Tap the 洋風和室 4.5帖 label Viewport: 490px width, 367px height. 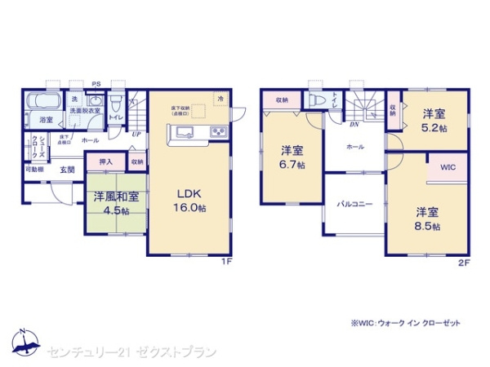(x=114, y=201)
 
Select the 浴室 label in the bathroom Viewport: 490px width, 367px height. (x=46, y=120)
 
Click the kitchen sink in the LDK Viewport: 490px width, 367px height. (x=181, y=133)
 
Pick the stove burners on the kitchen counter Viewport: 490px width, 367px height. (x=219, y=133)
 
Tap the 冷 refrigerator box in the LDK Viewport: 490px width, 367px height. (x=220, y=98)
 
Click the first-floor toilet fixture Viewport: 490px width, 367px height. (x=116, y=103)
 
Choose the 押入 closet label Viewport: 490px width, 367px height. (x=105, y=161)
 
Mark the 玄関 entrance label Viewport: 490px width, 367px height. (x=67, y=170)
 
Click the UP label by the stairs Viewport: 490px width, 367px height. (x=135, y=134)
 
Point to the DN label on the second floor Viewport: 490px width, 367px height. (x=354, y=124)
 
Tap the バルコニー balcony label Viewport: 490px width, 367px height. (x=355, y=205)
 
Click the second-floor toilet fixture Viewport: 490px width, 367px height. (x=315, y=99)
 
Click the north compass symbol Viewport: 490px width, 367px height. (x=24, y=341)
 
